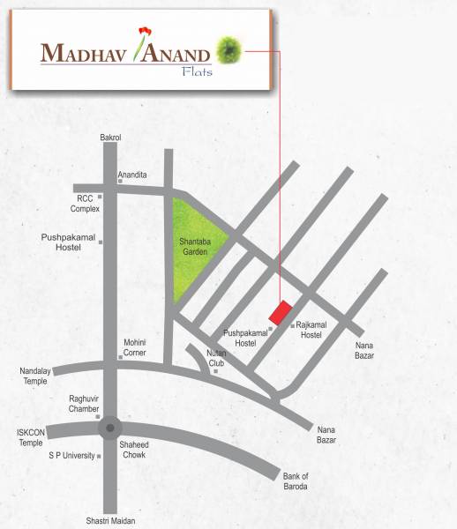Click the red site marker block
[x=281, y=313]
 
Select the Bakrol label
[x=110, y=138]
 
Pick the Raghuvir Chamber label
[x=85, y=404]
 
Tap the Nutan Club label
[x=217, y=358]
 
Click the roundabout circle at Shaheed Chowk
[x=109, y=429]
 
